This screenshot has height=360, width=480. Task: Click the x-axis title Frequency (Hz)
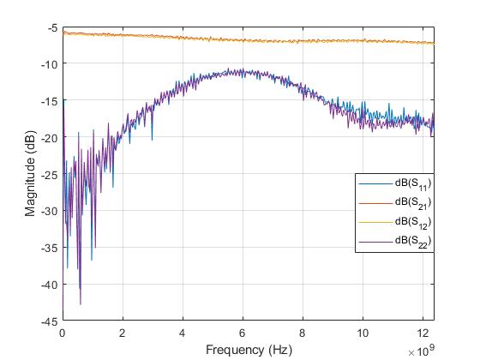coord(249,349)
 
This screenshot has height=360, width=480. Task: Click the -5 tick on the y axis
coord(53,27)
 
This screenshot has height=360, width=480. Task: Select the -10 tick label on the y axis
coord(50,64)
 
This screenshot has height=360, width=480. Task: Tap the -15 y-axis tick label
coord(50,101)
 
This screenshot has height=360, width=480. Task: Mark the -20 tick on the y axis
coord(50,138)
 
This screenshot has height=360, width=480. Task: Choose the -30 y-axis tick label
coord(50,211)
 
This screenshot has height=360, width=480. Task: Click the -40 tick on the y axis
coord(50,285)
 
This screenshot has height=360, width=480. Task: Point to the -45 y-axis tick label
coord(50,321)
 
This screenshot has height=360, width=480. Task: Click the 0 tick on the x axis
coord(63,333)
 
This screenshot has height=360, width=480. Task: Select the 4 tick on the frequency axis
coord(183,333)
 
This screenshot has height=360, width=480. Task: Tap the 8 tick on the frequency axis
coord(303,333)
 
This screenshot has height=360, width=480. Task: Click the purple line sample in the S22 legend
coord(373,242)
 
